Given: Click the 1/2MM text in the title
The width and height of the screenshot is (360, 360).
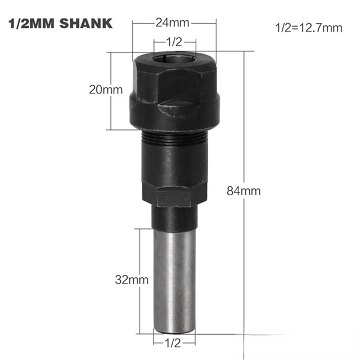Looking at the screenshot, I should tap(33, 24).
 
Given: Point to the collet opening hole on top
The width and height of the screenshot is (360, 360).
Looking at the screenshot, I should tap(175, 58).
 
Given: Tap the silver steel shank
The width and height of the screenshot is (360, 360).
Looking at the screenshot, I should tap(175, 276).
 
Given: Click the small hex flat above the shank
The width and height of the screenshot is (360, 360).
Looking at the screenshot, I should tap(175, 197).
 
